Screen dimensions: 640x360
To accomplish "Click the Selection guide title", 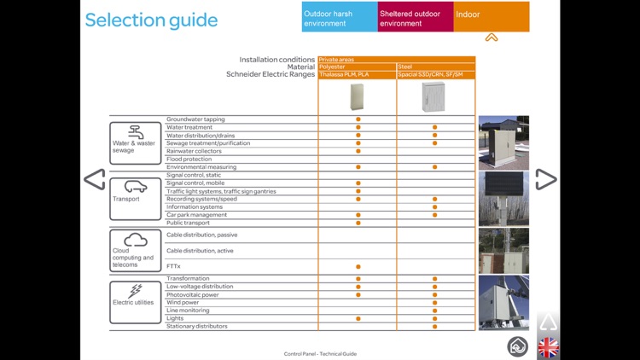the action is [151, 20].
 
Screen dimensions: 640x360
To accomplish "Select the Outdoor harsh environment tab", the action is [340, 18].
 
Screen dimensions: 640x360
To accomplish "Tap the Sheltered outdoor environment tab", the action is [416, 18].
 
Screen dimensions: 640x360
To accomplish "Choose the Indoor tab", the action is [491, 15].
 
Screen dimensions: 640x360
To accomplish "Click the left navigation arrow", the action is [94, 179].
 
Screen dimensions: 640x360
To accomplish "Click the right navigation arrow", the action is [546, 179].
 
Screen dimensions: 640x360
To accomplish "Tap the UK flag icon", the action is [548, 346].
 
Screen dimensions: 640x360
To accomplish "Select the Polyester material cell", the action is [357, 67].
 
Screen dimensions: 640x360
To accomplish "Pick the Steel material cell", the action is [435, 67].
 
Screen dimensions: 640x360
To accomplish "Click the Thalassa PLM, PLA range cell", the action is [357, 75].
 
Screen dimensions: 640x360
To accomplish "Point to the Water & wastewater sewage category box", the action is [135, 142].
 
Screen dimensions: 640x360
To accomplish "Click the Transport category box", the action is [135, 198].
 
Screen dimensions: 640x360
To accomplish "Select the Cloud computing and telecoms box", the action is [135, 250].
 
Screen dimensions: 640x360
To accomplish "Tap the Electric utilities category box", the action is [135, 302].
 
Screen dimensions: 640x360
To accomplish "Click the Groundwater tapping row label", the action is [195, 119].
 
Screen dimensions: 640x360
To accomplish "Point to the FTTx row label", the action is [175, 266].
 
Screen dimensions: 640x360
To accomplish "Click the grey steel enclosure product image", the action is [434, 97].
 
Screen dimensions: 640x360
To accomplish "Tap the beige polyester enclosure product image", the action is [358, 97].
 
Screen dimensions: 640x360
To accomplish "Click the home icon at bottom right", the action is [518, 346].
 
